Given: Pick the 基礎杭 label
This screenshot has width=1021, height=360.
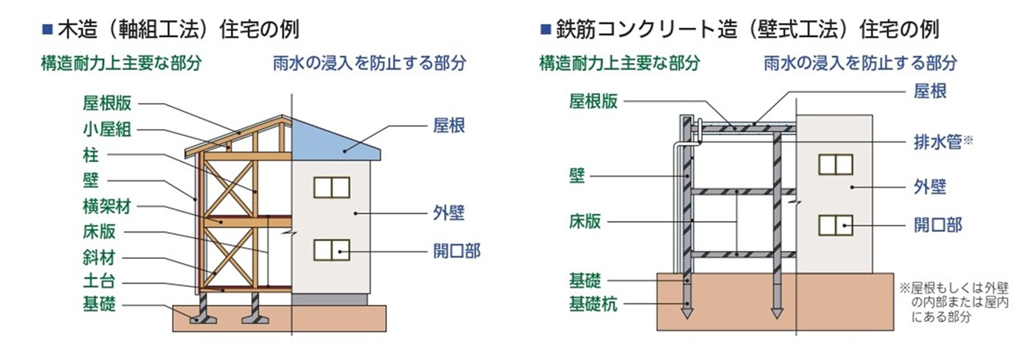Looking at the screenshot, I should pyautogui.click(x=591, y=303).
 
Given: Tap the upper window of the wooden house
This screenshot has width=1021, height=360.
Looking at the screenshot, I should pyautogui.click(x=331, y=187).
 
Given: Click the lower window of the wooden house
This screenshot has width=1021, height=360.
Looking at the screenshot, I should pyautogui.click(x=331, y=250).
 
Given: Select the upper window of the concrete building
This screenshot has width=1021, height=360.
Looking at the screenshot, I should pyautogui.click(x=835, y=164).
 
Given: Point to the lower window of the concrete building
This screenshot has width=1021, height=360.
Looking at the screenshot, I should pyautogui.click(x=835, y=226).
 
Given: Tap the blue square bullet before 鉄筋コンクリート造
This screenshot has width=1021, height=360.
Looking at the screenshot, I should pyautogui.click(x=546, y=31).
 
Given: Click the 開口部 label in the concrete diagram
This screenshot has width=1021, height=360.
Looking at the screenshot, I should pyautogui.click(x=937, y=225).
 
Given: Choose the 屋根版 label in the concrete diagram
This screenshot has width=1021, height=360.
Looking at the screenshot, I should pyautogui.click(x=592, y=102).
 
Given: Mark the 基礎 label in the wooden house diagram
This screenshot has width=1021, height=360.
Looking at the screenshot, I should pyautogui.click(x=99, y=305).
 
